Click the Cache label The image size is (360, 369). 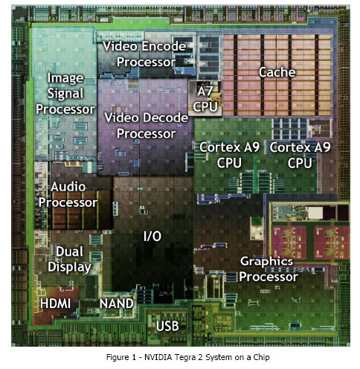(277, 72)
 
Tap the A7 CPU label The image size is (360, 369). (205, 99)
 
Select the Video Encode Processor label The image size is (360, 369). (144, 54)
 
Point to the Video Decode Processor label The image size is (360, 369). (147, 126)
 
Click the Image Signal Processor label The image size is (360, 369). (65, 94)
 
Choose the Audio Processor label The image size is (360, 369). (68, 195)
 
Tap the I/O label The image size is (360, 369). (152, 236)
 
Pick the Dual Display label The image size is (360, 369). (70, 260)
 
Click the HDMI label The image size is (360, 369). (55, 304)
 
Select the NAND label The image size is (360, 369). (117, 304)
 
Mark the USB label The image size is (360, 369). (167, 326)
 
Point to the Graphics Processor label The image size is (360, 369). (269, 269)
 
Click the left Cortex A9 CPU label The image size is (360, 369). (229, 155)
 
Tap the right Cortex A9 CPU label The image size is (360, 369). (300, 155)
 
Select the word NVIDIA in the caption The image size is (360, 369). (158, 357)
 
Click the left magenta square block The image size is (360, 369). (289, 243)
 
